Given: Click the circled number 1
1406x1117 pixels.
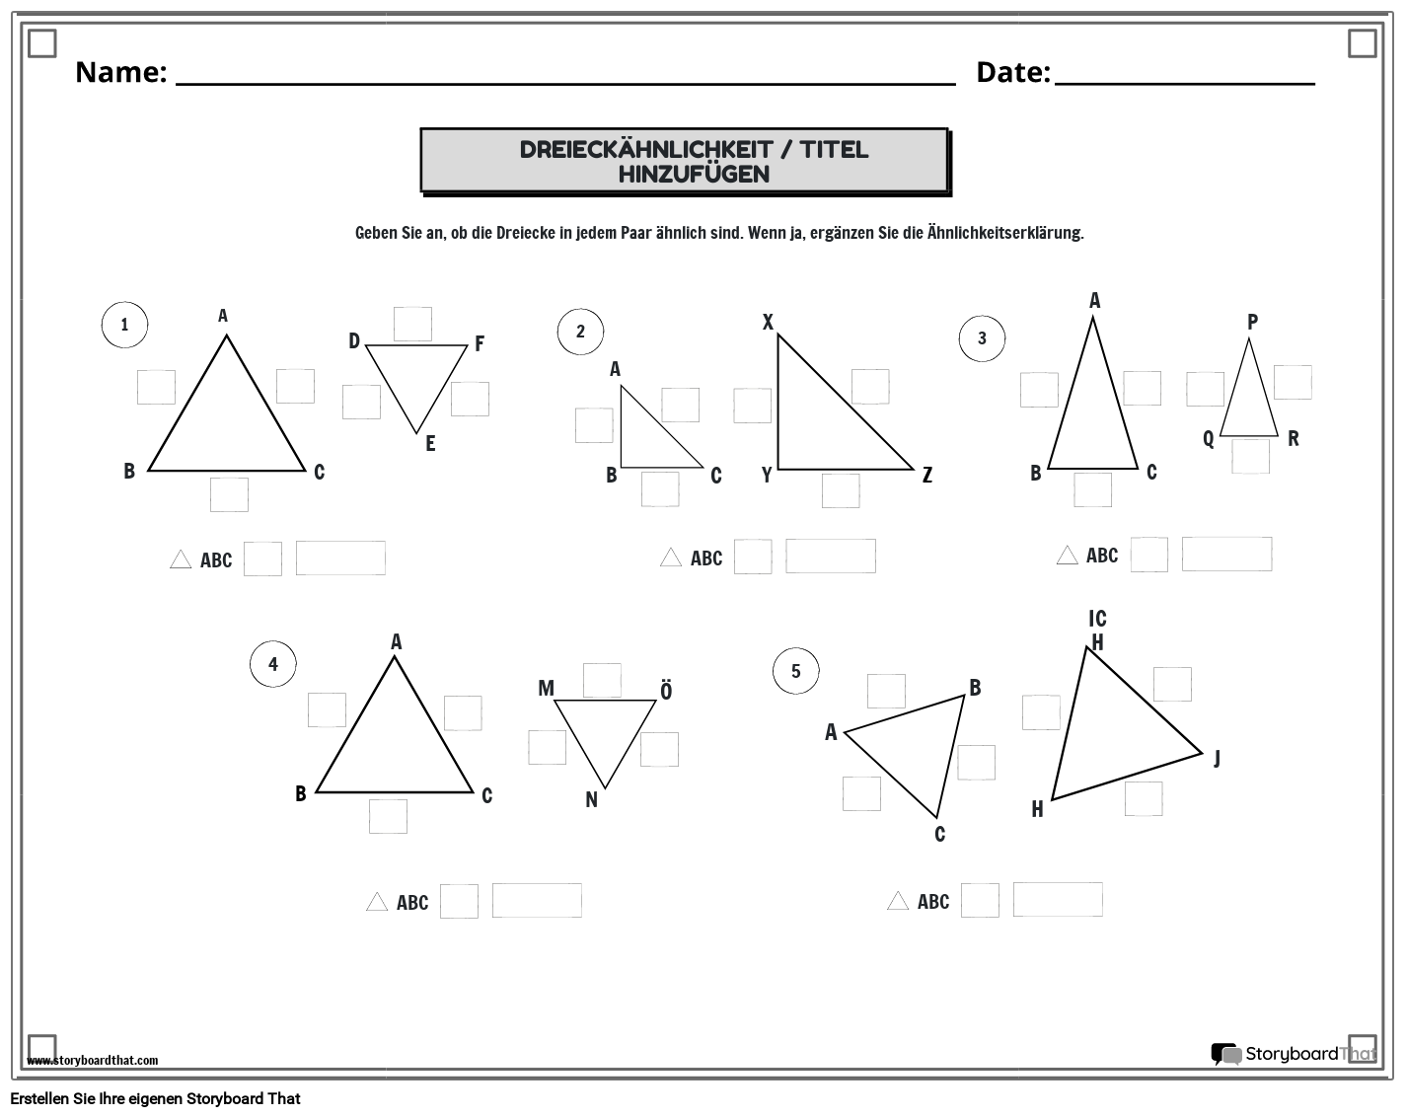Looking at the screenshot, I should pos(124,325).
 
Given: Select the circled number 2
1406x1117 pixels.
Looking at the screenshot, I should pos(580,332).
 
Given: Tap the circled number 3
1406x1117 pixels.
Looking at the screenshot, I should pos(982,338).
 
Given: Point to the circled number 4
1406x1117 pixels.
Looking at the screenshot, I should pos(273,664).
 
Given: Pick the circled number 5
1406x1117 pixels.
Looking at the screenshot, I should pos(796,672).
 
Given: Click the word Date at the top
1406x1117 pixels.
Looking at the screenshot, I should pos(1012,72).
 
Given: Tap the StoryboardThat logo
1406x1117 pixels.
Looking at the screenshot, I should pos(1293,1054).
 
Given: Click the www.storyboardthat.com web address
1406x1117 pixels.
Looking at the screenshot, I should pos(93,1061).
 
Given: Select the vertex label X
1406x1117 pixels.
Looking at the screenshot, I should pos(768,322).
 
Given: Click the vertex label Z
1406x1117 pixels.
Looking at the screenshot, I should pos(927,476).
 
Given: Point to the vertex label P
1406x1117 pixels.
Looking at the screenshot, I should pos(1252,322).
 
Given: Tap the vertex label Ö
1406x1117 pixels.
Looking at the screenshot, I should pos(666,691).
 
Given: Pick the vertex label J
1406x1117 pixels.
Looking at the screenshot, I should pos(1217,758).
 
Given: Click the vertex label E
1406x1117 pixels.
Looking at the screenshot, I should pos(430,444).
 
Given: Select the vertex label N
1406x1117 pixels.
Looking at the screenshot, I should pos(591,800).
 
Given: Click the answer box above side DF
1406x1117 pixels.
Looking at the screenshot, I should pos(412,324).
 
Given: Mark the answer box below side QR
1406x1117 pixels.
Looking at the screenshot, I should pos(1250,457).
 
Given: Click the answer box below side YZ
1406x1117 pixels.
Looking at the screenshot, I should pos(841,490).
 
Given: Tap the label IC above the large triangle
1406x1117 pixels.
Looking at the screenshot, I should pos(1097,619).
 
